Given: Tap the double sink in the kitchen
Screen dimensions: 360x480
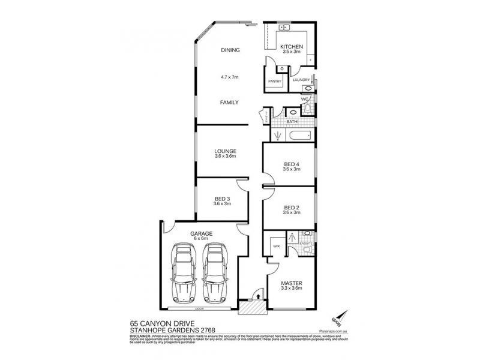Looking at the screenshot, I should point(284,28).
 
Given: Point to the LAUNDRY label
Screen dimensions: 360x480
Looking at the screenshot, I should point(301,80).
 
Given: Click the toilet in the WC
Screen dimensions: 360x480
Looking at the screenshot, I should point(308,108).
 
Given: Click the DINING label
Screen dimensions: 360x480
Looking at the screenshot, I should point(230,50).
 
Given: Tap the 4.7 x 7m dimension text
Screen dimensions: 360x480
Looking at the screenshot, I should point(230,77).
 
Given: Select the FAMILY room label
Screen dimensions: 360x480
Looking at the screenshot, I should point(229,103).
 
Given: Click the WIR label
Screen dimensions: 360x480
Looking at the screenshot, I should point(277,246).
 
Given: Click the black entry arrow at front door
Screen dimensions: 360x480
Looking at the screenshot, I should point(257,295).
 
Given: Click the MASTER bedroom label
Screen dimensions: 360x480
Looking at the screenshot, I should point(291,283).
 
